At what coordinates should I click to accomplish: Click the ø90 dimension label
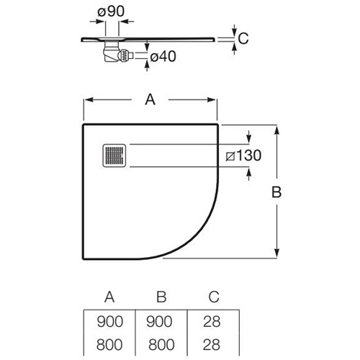click(111, 12)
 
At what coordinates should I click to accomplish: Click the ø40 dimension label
click(163, 57)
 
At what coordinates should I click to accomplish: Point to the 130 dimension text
click(249, 156)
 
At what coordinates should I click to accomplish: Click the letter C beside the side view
click(243, 38)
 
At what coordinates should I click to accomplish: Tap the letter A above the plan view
click(150, 99)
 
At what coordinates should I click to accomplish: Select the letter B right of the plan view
click(276, 192)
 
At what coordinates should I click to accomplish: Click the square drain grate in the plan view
click(114, 156)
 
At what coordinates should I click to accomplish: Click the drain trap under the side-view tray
click(117, 52)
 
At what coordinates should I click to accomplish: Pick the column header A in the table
click(109, 297)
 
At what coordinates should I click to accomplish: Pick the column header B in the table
click(161, 297)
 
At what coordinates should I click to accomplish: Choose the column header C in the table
click(214, 297)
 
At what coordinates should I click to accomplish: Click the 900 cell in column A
click(110, 322)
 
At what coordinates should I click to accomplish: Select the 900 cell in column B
click(159, 322)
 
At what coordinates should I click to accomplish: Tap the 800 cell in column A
click(109, 345)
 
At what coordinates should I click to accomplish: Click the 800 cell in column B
click(161, 345)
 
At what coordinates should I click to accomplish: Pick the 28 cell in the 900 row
click(212, 322)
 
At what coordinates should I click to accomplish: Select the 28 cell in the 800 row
click(212, 345)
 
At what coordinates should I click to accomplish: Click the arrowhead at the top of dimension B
click(276, 130)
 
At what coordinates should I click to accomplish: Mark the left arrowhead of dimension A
click(89, 99)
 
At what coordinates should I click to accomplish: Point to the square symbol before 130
click(230, 156)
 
